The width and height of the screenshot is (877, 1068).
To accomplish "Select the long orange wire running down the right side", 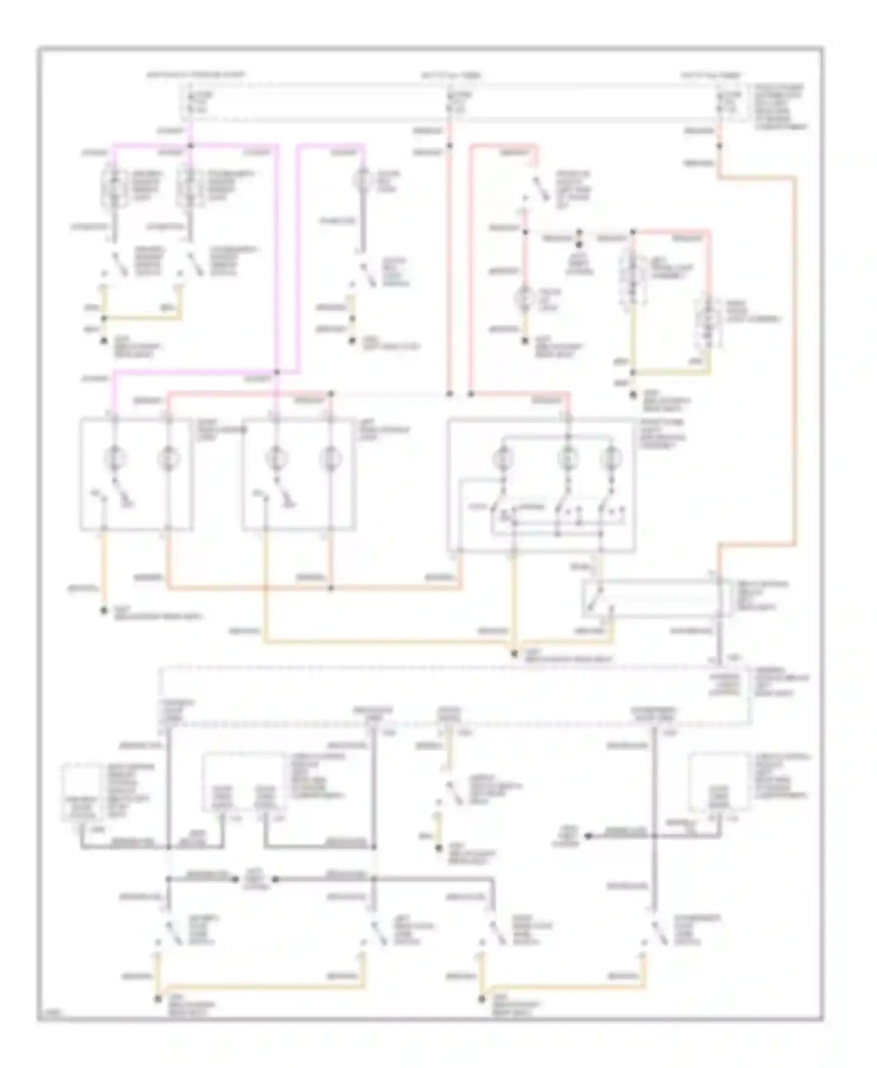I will (x=795, y=362).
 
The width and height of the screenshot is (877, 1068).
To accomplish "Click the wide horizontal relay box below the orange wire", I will (x=655, y=599).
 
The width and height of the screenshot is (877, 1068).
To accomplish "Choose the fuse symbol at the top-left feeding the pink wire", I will (x=188, y=102).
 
